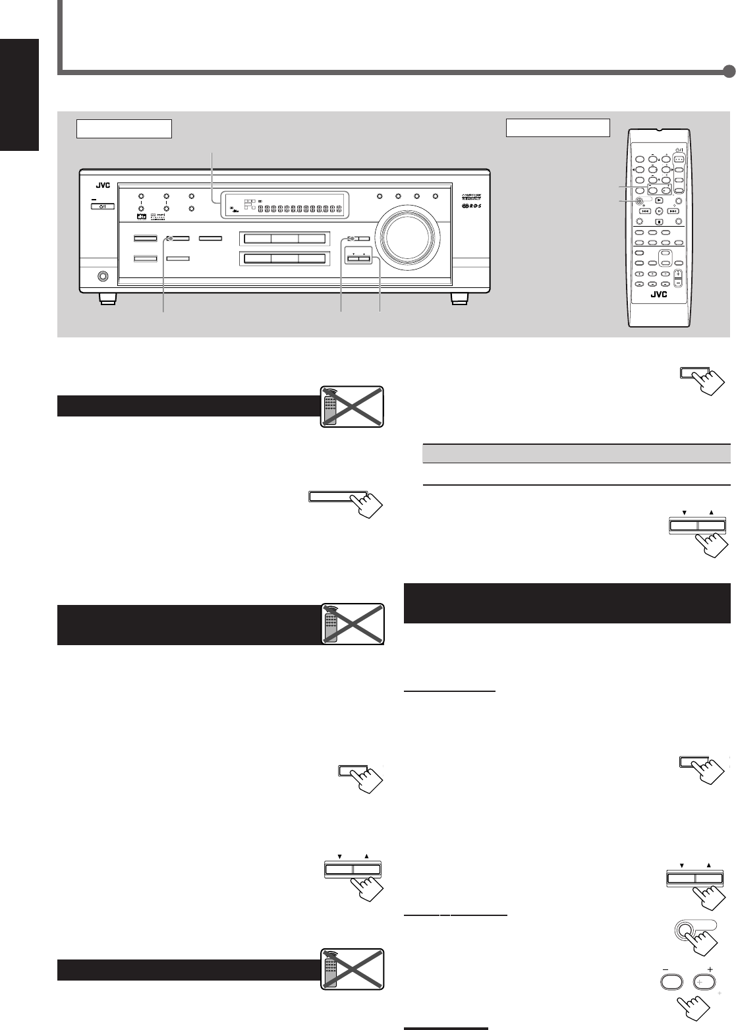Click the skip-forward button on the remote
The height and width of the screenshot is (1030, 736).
[x=671, y=212]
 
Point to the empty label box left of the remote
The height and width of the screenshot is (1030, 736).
[x=557, y=127]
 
